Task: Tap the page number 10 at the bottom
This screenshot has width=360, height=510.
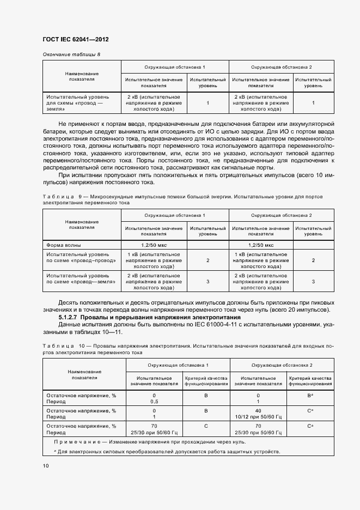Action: (46, 466)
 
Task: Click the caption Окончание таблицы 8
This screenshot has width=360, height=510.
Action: (71, 54)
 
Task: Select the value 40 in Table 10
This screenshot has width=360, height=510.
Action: (258, 411)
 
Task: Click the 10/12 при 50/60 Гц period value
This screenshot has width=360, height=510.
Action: (258, 417)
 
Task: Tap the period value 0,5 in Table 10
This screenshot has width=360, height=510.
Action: (154, 402)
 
